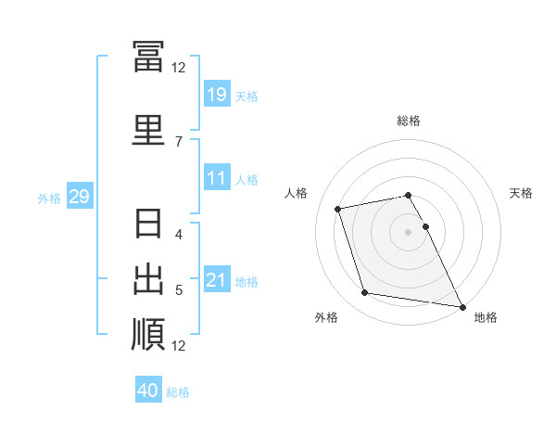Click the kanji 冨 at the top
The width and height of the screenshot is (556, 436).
[148, 56]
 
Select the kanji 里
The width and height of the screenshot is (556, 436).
[148, 130]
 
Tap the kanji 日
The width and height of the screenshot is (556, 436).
[148, 223]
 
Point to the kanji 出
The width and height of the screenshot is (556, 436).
[148, 279]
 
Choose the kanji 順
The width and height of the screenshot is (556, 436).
[148, 335]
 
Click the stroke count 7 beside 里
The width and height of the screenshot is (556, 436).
[179, 142]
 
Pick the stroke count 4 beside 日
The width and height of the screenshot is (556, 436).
[179, 235]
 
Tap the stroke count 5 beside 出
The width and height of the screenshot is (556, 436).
[179, 290]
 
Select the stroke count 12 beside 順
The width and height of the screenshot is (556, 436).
[178, 346]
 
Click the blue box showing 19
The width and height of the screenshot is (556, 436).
[218, 94]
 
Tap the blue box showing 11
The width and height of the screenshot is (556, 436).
[218, 177]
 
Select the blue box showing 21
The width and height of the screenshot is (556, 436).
[218, 278]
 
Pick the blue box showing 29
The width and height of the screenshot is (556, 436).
[80, 196]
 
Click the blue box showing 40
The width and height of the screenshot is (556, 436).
[148, 389]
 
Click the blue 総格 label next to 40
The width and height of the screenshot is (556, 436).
[178, 392]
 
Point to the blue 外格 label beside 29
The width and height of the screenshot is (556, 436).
[49, 199]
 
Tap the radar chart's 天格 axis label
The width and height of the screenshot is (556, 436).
[521, 193]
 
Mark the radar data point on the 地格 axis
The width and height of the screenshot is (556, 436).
[462, 307]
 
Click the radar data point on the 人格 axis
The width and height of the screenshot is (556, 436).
[337, 209]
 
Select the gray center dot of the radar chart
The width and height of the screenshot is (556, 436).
[408, 232]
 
